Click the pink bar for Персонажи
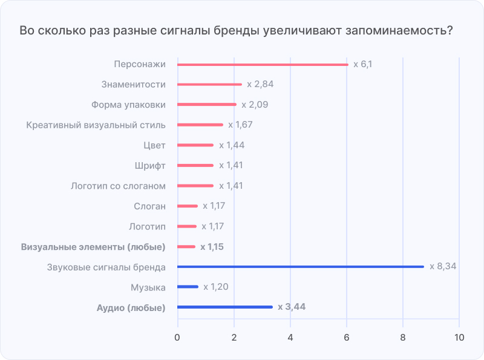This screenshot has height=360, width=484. (x=262, y=64)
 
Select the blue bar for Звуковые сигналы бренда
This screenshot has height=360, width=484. (x=300, y=267)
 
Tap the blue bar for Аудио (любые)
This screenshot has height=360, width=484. (x=225, y=307)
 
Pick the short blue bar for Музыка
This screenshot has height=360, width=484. (x=188, y=287)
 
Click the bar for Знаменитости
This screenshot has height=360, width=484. (x=209, y=85)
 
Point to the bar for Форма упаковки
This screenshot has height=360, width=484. (x=206, y=105)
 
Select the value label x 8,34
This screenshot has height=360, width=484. (x=442, y=267)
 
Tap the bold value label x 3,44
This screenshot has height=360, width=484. (x=292, y=307)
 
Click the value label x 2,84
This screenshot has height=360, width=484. (x=260, y=85)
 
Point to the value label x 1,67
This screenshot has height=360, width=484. (x=240, y=125)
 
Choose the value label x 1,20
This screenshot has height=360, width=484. (x=216, y=287)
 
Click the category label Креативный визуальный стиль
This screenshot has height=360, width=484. (x=96, y=125)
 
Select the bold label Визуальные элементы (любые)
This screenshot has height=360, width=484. (x=93, y=247)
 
